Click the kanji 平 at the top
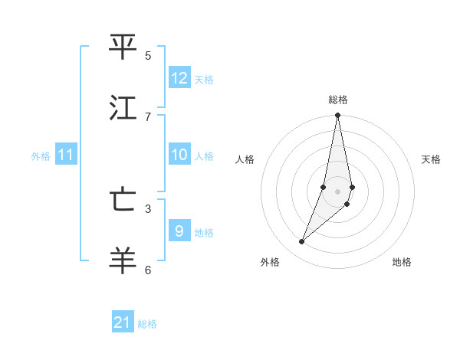pos(123,47)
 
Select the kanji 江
pos(123,108)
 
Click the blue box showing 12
pos(179,78)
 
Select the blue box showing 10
pos(179,155)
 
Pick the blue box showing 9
pos(179,231)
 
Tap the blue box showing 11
pos(66,155)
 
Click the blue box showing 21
pos(123,322)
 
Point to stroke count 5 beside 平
pos(148,56)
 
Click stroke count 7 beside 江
pos(148,116)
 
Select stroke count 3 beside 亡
pos(148,208)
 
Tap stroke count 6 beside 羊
pos(148,270)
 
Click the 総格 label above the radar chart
pos(338,100)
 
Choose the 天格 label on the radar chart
pos(431,159)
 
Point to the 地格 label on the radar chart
pos(402,262)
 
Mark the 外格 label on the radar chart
pos(270,262)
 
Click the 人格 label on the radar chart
pos(245,159)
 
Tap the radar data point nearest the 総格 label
pos(337,116)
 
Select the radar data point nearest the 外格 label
pos(301,242)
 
